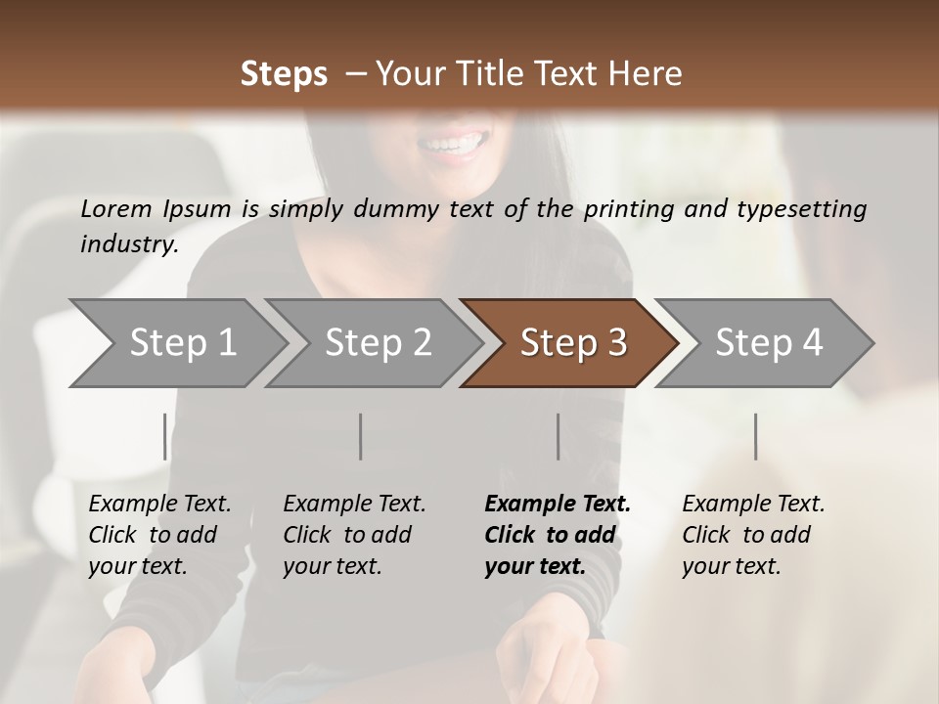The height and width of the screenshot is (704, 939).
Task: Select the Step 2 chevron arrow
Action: point(378,342)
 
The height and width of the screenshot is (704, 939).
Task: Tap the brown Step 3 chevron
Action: point(573,342)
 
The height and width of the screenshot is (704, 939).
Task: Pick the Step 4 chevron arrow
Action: point(769,342)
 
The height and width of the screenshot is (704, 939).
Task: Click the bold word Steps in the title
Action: point(284,73)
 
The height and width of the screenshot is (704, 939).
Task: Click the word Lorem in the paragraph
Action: point(115,208)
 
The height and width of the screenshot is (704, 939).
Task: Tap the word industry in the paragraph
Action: point(128,243)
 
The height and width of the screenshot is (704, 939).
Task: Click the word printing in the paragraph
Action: point(626,208)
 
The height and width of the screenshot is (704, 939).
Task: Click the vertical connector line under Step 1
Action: point(164,436)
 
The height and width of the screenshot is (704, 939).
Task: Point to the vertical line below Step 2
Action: point(361,436)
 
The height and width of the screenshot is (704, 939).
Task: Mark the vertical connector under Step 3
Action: point(558,436)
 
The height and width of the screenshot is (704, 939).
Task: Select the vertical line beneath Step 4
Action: point(755,436)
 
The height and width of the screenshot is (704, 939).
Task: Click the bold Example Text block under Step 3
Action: point(558,535)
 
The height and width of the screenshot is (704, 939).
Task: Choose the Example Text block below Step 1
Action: point(159,535)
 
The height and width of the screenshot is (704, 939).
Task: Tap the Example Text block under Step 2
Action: point(354,535)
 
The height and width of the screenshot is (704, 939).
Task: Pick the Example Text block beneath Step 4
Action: point(753,535)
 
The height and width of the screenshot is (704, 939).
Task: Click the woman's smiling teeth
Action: point(452,144)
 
